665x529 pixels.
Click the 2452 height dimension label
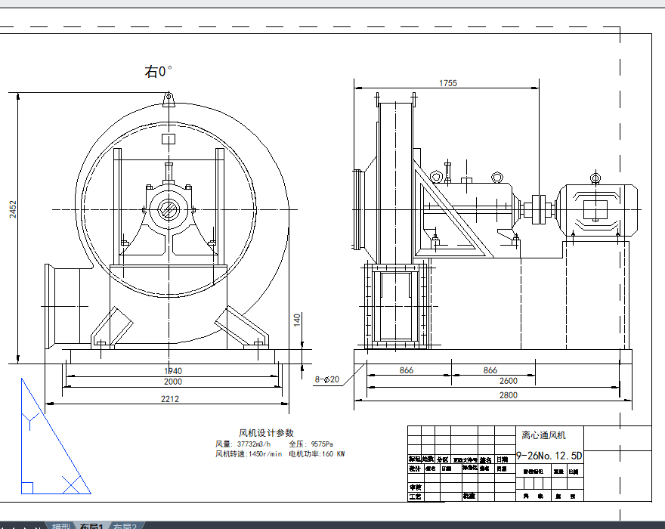[x=12, y=209]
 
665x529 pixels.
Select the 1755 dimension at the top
[x=447, y=84]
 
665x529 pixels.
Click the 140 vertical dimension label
[x=298, y=320]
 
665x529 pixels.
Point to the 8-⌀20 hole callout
[x=327, y=379]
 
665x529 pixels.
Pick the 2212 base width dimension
[x=170, y=399]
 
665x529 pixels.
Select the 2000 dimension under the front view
[x=173, y=382]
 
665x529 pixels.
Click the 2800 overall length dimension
[x=508, y=395]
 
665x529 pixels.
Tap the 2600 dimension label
[x=509, y=382]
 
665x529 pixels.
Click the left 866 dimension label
[x=406, y=370]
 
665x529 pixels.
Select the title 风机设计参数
[x=266, y=433]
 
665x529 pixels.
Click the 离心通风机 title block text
[x=543, y=435]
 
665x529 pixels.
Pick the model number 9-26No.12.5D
[x=549, y=456]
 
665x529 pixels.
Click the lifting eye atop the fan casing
[x=169, y=99]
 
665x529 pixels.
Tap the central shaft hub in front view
[x=169, y=209]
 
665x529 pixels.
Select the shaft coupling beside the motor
[x=539, y=209]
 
